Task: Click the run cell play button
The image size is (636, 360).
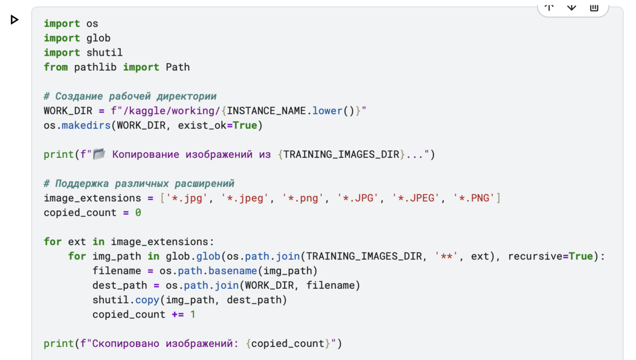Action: click(15, 20)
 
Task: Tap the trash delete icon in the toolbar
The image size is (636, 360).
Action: click(594, 7)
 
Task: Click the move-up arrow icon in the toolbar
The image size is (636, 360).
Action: click(549, 7)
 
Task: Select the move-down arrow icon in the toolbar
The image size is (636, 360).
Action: click(571, 7)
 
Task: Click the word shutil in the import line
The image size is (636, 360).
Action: click(104, 52)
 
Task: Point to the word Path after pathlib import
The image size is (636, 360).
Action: click(178, 67)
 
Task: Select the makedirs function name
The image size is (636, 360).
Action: click(86, 125)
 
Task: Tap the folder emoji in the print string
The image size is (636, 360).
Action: click(99, 154)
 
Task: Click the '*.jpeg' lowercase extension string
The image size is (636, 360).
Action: click(245, 198)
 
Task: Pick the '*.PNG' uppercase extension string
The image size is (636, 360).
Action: click(474, 198)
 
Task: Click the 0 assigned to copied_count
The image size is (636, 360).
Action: click(138, 213)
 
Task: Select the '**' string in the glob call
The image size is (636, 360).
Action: click(446, 256)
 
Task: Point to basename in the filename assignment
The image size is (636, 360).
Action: click(232, 271)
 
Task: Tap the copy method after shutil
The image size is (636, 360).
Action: click(147, 300)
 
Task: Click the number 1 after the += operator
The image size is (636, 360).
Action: click(193, 314)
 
